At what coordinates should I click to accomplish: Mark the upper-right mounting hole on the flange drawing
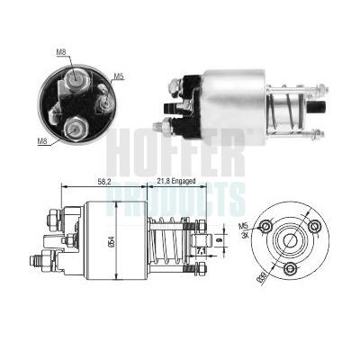[316, 225]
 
